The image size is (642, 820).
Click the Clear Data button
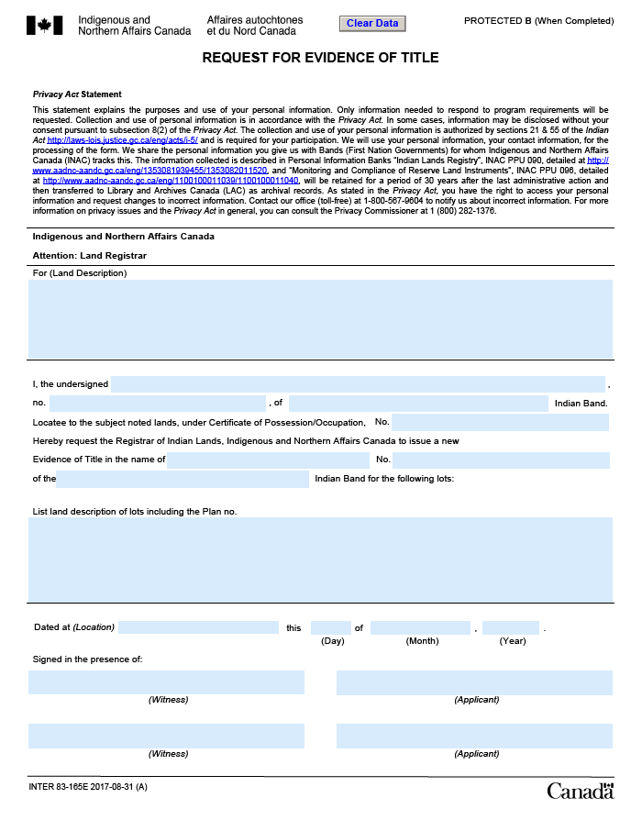click(372, 23)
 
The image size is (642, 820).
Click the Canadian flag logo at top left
click(45, 25)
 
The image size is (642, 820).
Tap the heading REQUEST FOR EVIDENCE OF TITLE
click(320, 58)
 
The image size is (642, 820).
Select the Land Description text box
click(320, 319)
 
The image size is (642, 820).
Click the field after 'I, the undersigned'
click(358, 384)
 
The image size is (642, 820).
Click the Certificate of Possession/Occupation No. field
click(500, 422)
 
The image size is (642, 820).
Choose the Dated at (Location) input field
click(198, 627)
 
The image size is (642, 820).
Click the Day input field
click(330, 627)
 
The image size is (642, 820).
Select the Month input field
click(420, 627)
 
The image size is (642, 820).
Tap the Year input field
click(510, 627)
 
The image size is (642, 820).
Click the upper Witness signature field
click(166, 682)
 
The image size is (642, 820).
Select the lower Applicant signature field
click(474, 736)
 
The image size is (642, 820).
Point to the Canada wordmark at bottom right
click(580, 791)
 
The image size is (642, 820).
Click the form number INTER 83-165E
click(88, 788)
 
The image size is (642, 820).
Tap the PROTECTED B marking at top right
click(537, 20)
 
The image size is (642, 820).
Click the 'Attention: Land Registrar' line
click(90, 255)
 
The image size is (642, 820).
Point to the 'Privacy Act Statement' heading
click(77, 94)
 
